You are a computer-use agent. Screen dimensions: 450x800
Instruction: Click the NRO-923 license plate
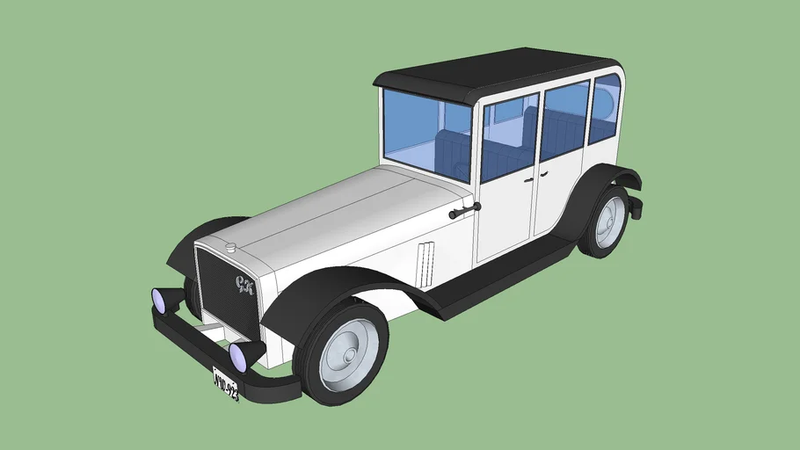click(226, 384)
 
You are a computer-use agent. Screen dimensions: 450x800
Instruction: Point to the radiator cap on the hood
click(230, 248)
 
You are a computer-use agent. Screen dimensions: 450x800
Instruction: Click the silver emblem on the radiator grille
click(242, 283)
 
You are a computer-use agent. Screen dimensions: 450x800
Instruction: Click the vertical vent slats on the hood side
click(425, 263)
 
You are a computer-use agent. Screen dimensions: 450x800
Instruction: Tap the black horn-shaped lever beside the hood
click(464, 211)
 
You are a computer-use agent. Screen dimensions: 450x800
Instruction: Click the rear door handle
click(540, 174)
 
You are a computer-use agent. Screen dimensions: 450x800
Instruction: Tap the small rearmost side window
click(604, 107)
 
